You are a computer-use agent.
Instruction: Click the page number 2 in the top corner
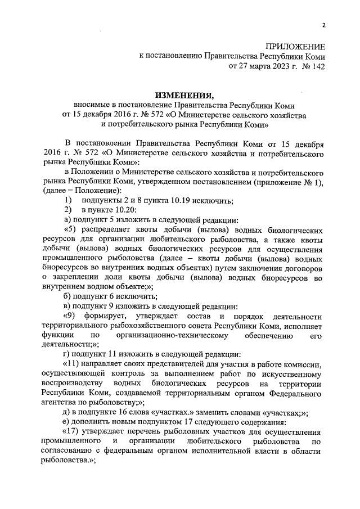[323, 25]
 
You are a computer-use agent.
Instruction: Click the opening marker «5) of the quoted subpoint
[70, 230]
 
